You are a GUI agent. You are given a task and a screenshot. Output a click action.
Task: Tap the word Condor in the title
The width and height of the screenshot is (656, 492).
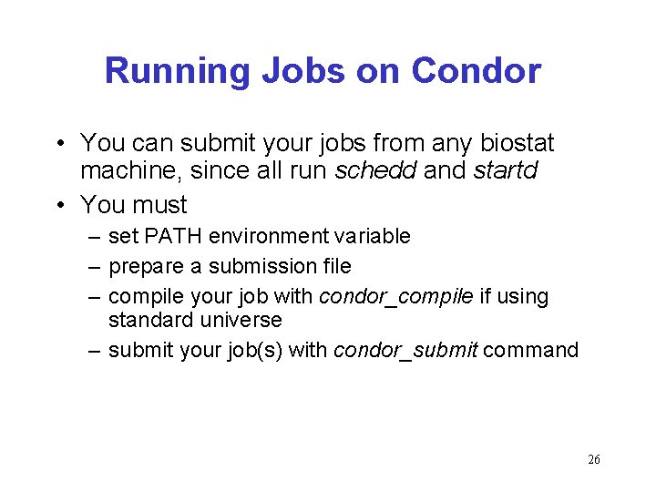pyautogui.click(x=476, y=71)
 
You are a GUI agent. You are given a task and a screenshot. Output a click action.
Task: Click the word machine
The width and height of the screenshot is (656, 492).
pyautogui.click(x=130, y=170)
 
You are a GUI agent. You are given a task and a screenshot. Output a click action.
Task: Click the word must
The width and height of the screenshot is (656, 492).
pyautogui.click(x=160, y=205)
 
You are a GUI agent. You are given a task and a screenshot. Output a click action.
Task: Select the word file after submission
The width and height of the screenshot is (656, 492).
pyautogui.click(x=334, y=267)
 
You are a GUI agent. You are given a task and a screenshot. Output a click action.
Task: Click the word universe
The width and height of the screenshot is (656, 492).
pyautogui.click(x=238, y=320)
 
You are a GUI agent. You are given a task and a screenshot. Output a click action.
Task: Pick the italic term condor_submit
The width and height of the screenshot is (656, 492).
pyautogui.click(x=406, y=350)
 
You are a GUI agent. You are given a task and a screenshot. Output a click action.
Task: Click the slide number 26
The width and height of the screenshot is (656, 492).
pyautogui.click(x=594, y=460)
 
